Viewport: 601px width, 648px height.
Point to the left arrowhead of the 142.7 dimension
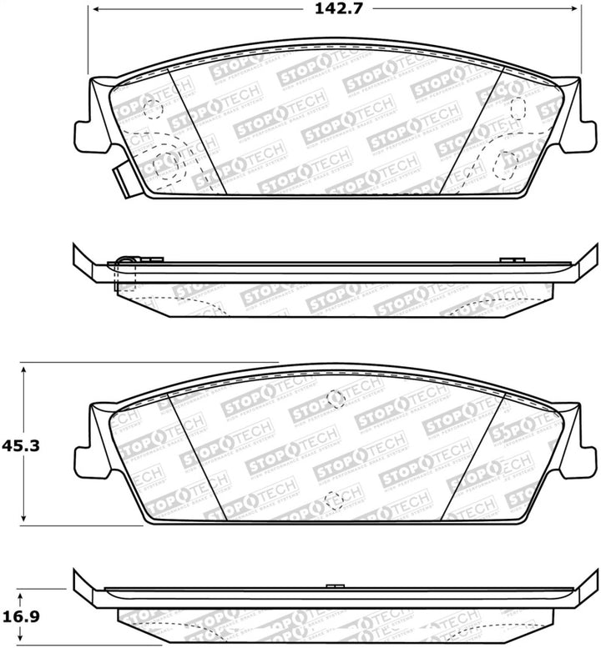tap(93, 12)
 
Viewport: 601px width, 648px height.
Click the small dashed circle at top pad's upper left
tap(152, 108)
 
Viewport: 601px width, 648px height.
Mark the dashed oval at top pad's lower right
tap(507, 164)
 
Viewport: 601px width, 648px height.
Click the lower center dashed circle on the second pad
tap(334, 500)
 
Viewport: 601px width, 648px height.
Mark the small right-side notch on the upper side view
tap(508, 261)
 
